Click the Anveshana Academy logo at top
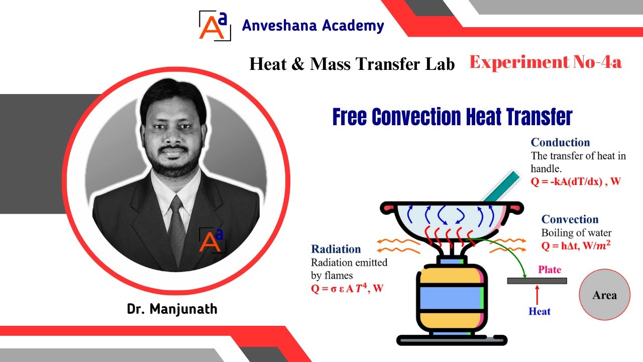click(215, 25)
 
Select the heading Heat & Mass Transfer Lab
click(352, 64)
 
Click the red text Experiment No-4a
click(546, 62)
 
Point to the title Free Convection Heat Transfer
click(452, 117)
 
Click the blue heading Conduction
click(560, 142)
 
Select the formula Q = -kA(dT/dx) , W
click(576, 182)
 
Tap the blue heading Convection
click(570, 219)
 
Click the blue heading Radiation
click(336, 249)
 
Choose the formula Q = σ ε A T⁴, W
click(347, 289)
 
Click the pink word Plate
click(550, 269)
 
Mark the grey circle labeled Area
click(604, 295)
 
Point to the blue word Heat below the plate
click(540, 311)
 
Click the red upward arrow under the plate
click(538, 295)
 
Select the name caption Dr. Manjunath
click(172, 308)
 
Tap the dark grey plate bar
click(537, 281)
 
